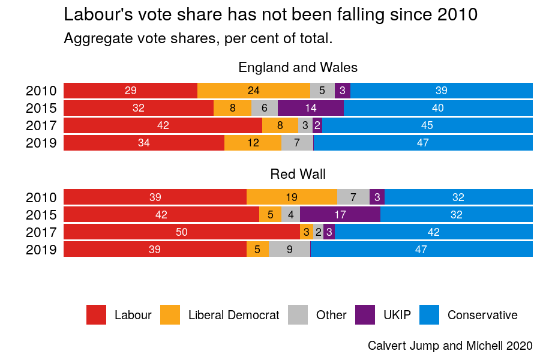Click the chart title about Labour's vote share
[x=271, y=14]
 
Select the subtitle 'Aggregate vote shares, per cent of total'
[x=198, y=39]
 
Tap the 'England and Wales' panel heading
[x=298, y=67]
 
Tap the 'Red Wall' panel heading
[x=298, y=174]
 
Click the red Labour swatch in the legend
[x=97, y=315]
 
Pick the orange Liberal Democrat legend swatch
[x=170, y=315]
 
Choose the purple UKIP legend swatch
[x=365, y=315]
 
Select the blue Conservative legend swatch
[x=429, y=315]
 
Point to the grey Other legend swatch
[x=298, y=315]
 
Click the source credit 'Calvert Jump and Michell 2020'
[x=450, y=346]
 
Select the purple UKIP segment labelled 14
[x=311, y=108]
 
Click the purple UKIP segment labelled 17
[x=340, y=215]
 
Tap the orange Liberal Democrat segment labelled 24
[x=254, y=91]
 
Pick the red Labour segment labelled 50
[x=181, y=232]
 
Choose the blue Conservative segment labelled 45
[x=427, y=125]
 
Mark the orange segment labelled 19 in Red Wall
[x=292, y=197]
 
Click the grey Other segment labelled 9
[x=289, y=250]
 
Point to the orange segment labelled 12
[x=253, y=143]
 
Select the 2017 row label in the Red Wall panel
[x=41, y=232]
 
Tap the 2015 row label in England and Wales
[x=41, y=108]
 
